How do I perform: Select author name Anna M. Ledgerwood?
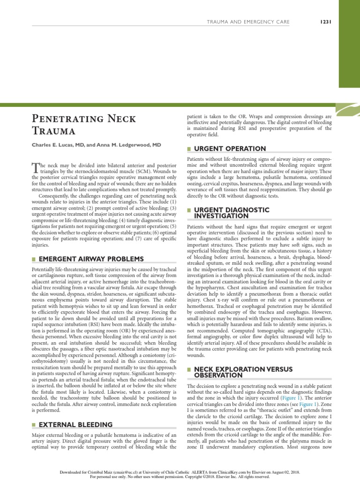click(127, 146)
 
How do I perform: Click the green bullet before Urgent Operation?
click(189, 149)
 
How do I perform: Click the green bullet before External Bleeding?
click(34, 425)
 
